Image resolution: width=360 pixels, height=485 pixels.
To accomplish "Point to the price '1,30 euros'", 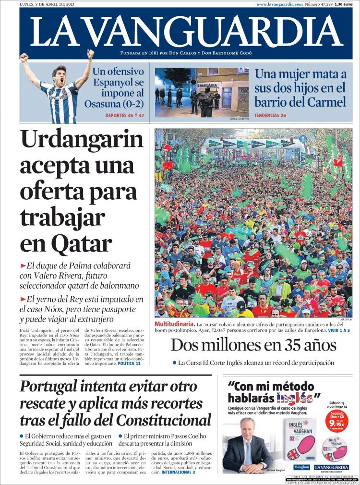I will point(344,4).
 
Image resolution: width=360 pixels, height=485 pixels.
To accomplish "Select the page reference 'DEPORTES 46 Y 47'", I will point(124,116).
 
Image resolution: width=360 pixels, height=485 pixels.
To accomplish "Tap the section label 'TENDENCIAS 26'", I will point(270,116).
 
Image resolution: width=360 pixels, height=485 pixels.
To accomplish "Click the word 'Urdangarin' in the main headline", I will point(82,140).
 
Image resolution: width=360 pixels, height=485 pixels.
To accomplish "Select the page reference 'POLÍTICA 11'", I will point(129,364).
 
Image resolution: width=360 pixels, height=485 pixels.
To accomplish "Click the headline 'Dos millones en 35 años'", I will point(253,345).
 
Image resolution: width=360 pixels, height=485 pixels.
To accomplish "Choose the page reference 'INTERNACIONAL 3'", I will point(178,473).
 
